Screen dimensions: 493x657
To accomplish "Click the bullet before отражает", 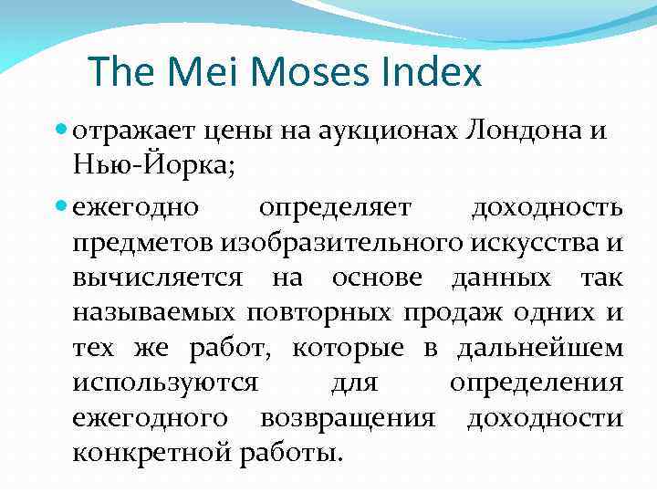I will click(x=61, y=131).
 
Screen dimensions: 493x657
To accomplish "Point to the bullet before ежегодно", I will click(x=61, y=207).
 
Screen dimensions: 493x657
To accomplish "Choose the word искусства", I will click(x=536, y=243).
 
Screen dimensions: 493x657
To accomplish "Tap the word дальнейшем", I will click(x=540, y=348).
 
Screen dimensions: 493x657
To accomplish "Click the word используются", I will click(x=165, y=383).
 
